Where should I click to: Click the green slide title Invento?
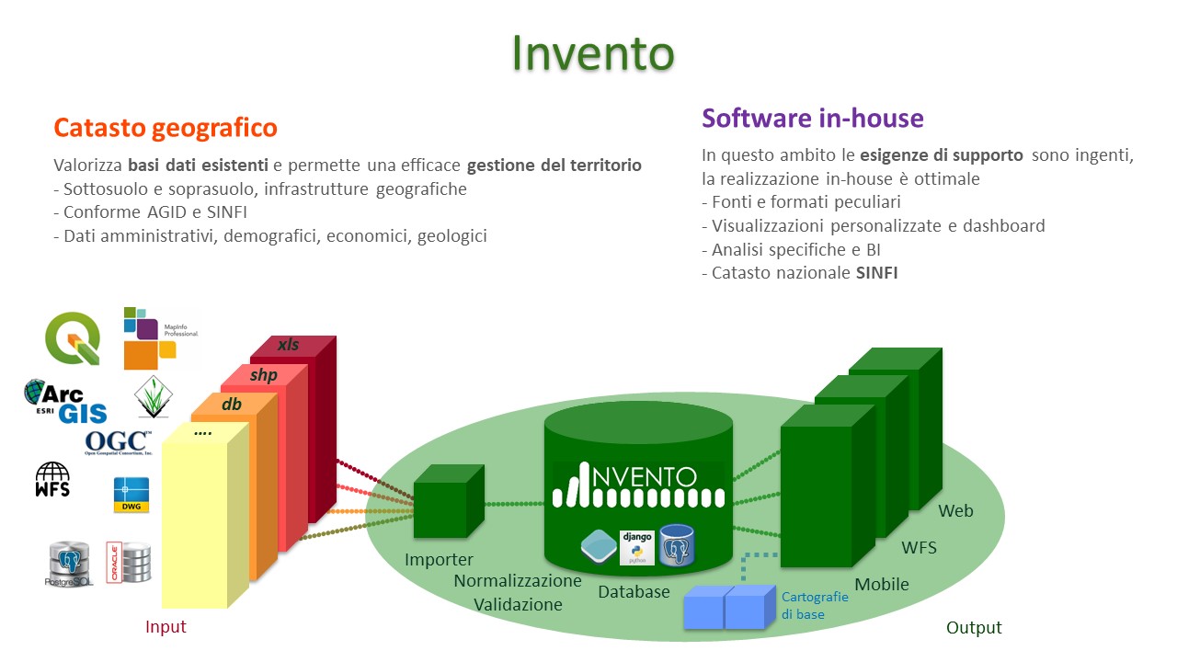(x=593, y=53)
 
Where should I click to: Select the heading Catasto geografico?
(x=166, y=127)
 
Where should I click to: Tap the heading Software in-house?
(x=813, y=118)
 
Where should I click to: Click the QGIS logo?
(x=73, y=339)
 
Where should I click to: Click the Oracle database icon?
(x=129, y=561)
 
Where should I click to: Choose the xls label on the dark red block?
(x=288, y=345)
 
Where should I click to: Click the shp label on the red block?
(x=263, y=374)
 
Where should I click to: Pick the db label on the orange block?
(x=232, y=403)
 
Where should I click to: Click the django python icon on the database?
(x=636, y=546)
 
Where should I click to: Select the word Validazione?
(x=518, y=604)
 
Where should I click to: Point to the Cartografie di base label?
(x=815, y=605)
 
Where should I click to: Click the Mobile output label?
(x=882, y=584)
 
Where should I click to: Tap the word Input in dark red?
(x=166, y=626)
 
